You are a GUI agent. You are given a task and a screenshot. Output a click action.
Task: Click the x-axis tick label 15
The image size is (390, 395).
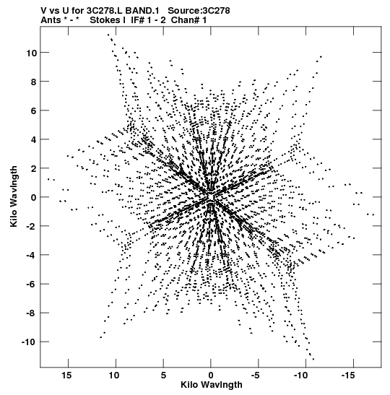click(x=66, y=376)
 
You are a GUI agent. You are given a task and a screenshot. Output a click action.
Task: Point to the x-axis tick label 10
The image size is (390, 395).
click(x=114, y=376)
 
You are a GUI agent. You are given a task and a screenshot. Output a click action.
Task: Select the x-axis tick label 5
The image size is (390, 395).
click(x=163, y=376)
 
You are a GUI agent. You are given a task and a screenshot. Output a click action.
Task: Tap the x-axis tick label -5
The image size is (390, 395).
click(x=255, y=376)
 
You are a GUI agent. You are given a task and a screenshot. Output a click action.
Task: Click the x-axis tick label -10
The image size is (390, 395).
click(x=300, y=376)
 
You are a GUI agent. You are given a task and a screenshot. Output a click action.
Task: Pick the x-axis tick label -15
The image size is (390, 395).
click(x=348, y=376)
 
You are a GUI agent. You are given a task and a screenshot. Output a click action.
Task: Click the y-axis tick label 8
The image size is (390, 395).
click(x=33, y=82)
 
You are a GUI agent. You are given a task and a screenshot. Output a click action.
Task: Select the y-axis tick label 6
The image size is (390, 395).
click(x=33, y=110)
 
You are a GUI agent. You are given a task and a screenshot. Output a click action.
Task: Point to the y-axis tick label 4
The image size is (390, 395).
click(x=33, y=139)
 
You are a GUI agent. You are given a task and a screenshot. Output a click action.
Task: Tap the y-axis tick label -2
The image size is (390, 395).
click(x=32, y=226)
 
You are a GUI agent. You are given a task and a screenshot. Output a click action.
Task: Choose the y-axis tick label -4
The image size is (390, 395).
click(x=32, y=255)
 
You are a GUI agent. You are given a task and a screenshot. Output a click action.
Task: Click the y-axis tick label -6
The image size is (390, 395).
click(x=32, y=285)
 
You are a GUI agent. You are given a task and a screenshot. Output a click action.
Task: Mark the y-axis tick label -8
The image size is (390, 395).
click(x=32, y=313)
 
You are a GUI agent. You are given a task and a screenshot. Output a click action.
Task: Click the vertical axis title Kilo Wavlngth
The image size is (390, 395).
click(x=14, y=196)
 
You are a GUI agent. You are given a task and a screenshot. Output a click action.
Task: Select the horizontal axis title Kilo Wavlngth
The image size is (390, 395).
click(x=212, y=385)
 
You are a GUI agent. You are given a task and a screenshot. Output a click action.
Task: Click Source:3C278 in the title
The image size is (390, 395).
click(x=199, y=11)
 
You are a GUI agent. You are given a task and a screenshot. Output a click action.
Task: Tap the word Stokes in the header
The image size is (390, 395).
click(x=105, y=20)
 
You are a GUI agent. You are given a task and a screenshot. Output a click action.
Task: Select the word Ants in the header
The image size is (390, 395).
click(x=51, y=20)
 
